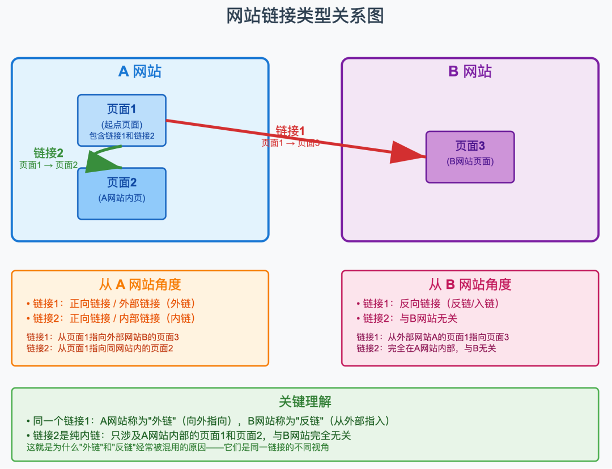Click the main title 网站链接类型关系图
[305, 16]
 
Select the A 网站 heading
[139, 71]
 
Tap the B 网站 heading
[470, 71]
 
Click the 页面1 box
[122, 120]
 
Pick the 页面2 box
[122, 193]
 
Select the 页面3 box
[470, 157]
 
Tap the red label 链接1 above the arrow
[290, 131]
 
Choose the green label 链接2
[48, 153]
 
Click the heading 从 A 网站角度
[140, 284]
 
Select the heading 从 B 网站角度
[470, 284]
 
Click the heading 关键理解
[305, 402]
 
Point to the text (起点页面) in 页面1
[122, 125]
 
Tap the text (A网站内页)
[122, 198]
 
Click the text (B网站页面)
[470, 161]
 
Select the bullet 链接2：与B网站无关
[406, 318]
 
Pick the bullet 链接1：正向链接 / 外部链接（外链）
[113, 304]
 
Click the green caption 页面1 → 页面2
[48, 165]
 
